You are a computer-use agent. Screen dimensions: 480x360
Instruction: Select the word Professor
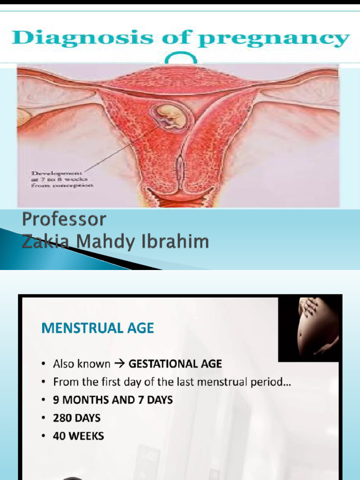tap(64, 219)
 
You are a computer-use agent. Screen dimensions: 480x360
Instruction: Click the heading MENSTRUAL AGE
tap(97, 328)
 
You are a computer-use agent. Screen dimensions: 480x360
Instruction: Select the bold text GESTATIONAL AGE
tap(175, 364)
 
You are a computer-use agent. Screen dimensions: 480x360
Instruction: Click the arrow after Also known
tap(120, 364)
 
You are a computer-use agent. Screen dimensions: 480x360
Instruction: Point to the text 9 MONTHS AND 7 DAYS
tap(112, 400)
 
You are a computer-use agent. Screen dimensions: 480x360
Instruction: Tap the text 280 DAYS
tap(76, 418)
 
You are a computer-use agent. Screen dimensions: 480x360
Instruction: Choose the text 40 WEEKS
tap(78, 436)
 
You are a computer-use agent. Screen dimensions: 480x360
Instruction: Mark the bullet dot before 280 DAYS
tap(43, 418)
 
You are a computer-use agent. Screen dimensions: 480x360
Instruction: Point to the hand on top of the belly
tap(308, 307)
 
